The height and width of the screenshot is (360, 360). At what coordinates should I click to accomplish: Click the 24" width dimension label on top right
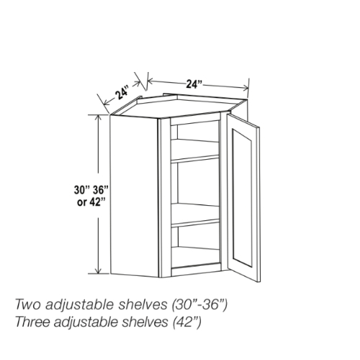tap(194, 84)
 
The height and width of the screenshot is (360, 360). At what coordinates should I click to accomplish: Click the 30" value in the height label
tap(81, 190)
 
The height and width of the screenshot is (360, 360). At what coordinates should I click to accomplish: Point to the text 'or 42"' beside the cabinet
tap(91, 202)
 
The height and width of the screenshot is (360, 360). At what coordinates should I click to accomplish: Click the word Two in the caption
tap(28, 305)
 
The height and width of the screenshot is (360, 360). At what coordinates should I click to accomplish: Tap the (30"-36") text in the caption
tap(199, 305)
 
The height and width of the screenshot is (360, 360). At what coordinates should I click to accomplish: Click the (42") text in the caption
tap(186, 323)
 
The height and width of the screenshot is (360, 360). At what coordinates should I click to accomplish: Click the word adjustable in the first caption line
tap(80, 305)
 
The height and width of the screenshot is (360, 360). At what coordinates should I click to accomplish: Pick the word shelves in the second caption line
tap(143, 322)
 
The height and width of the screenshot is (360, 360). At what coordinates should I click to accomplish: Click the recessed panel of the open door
tap(242, 198)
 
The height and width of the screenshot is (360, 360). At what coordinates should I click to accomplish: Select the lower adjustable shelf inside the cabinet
tap(195, 215)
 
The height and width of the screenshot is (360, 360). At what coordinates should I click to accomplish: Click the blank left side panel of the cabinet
tap(134, 196)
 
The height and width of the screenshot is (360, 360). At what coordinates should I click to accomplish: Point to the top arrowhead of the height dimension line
tap(98, 117)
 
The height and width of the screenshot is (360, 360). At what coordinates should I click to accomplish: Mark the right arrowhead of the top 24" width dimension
tap(246, 88)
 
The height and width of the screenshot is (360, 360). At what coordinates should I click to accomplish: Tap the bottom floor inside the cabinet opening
tap(196, 257)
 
